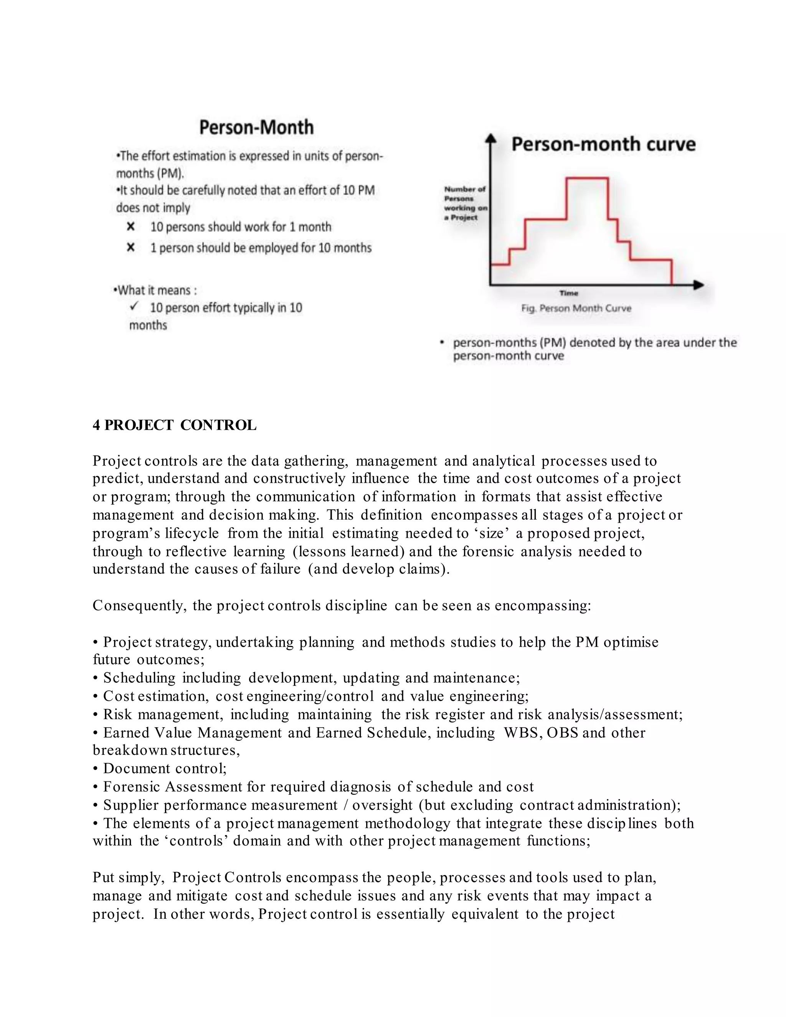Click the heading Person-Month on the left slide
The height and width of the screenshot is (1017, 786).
(x=256, y=127)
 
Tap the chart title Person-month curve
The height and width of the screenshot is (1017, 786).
(x=603, y=144)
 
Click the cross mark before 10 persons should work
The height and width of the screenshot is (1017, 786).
(x=131, y=227)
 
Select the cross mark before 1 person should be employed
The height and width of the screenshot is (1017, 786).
(x=131, y=247)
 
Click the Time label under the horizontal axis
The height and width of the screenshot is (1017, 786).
(x=568, y=293)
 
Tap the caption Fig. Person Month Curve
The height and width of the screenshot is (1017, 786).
(x=576, y=308)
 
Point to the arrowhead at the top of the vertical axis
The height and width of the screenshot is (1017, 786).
(x=490, y=137)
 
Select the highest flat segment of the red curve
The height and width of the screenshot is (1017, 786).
(x=587, y=178)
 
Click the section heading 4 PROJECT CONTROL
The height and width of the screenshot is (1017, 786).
(x=174, y=425)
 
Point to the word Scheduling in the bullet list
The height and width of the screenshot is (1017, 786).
(x=139, y=677)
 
